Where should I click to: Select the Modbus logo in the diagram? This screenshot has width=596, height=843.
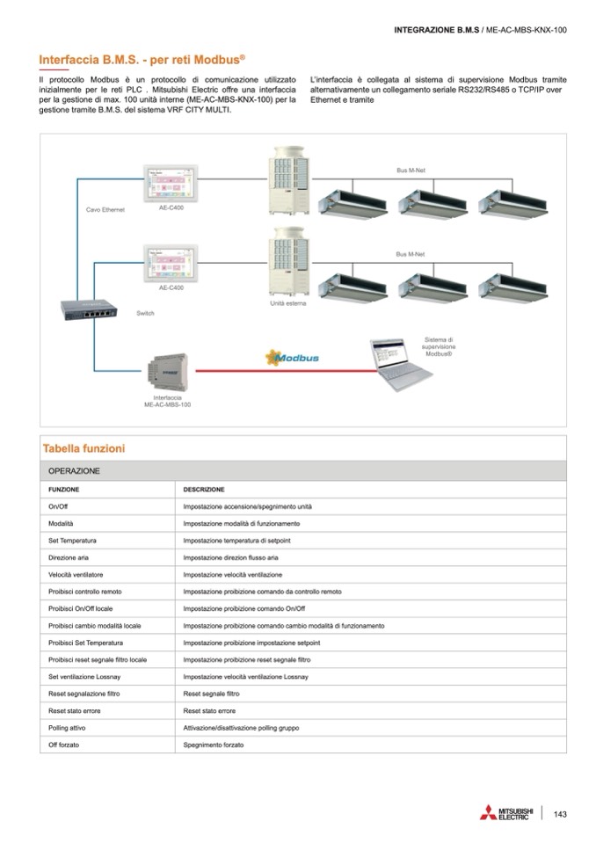293,358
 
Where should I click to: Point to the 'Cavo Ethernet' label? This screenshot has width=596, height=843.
105,210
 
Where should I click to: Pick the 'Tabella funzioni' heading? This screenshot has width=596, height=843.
84,449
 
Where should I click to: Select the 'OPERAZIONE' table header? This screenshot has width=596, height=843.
74,471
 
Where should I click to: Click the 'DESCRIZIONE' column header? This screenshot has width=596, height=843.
204,490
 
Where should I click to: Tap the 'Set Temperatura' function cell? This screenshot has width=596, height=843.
72,541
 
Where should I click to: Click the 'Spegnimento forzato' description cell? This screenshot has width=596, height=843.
214,745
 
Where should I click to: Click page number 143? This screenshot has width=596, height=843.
560,813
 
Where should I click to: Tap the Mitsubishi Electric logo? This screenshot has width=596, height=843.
506,813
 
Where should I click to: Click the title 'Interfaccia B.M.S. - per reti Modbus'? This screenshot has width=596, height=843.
142,59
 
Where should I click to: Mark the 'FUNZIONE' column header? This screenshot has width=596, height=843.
64,490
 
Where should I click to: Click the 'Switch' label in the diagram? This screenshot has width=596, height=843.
145,313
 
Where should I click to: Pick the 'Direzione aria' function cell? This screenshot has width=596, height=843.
69,557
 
